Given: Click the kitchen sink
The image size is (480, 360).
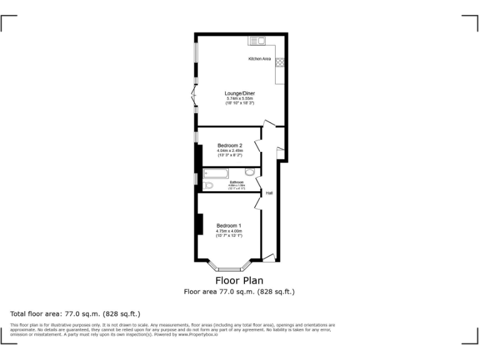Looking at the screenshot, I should (x=258, y=41).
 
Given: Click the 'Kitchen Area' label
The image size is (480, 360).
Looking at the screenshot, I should (x=259, y=59).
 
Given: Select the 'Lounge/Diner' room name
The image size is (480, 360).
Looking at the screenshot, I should (x=240, y=93).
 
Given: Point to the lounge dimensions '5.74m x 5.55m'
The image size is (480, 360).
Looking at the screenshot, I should (x=240, y=98).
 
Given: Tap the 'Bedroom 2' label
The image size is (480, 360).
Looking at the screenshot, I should (x=229, y=146).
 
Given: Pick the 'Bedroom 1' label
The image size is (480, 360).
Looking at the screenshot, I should (x=229, y=226).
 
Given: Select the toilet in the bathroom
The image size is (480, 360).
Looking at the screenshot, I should (x=209, y=185).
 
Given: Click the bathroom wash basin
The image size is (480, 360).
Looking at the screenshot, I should (x=250, y=172).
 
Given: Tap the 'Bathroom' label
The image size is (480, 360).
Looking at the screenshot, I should (x=236, y=182).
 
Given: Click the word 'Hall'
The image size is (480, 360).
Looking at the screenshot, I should (x=269, y=193).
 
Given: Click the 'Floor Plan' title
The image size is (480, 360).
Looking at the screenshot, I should (x=239, y=281).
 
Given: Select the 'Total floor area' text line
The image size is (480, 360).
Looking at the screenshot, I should (x=75, y=313).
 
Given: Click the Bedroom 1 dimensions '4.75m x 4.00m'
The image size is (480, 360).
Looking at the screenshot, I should (x=229, y=231).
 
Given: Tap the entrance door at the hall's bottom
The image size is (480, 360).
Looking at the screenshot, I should (x=268, y=256).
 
